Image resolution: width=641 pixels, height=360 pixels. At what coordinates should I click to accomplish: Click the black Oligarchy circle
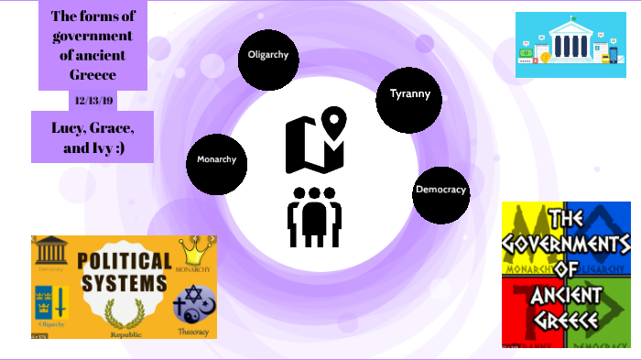pyautogui.click(x=268, y=55)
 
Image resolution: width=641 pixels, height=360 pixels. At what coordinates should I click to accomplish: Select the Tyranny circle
pyautogui.click(x=408, y=94)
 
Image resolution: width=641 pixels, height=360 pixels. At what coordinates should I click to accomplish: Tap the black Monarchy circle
pyautogui.click(x=217, y=160)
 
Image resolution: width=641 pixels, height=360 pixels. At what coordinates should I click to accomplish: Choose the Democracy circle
pyautogui.click(x=440, y=190)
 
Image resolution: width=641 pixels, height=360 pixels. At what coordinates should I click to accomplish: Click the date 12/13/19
pyautogui.click(x=91, y=99)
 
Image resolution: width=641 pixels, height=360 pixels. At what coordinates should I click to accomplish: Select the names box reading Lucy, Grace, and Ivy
pyautogui.click(x=91, y=136)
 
